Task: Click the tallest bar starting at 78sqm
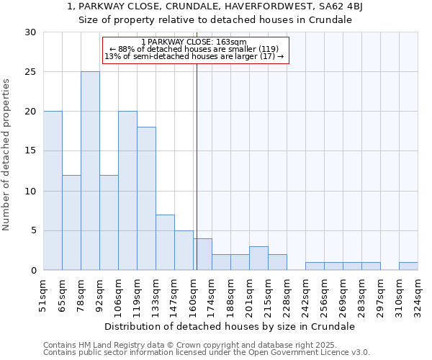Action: [x=90, y=171]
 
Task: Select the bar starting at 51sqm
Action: [x=53, y=191]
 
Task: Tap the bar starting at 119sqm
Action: [x=146, y=199]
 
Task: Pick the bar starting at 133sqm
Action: [x=165, y=242]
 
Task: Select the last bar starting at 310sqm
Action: [x=408, y=266]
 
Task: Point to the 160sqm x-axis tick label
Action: [x=193, y=294]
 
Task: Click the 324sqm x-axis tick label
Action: [x=418, y=294]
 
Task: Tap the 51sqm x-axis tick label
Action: [x=43, y=294]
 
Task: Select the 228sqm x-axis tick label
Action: [x=287, y=294]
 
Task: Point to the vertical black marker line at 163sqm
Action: [x=197, y=166]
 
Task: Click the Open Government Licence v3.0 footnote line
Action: [x=207, y=353]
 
